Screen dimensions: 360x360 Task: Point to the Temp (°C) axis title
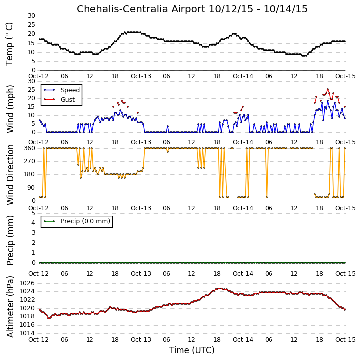coord(9,44)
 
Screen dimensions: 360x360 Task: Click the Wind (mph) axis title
coord(10,109)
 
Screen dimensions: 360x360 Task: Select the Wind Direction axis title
coord(10,174)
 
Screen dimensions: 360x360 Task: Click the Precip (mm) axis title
coord(10,240)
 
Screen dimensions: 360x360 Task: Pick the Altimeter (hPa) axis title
coord(10,306)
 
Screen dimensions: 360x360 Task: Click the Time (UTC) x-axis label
coord(192,350)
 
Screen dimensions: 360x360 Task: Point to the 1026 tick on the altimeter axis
coord(27,283)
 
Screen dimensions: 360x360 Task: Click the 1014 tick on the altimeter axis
coord(27,333)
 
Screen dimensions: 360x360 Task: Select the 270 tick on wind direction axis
coord(30,161)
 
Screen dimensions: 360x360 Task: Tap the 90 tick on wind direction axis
coord(31,188)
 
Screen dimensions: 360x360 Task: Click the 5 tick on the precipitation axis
coord(33,213)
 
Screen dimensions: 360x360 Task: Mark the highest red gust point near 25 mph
coord(328,89)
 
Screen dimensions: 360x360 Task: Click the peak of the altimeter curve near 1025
coord(219,288)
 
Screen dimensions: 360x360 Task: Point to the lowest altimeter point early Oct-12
coord(49,318)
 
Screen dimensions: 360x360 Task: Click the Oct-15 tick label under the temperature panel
coord(345,76)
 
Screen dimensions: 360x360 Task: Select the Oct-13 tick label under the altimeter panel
coord(141,339)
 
